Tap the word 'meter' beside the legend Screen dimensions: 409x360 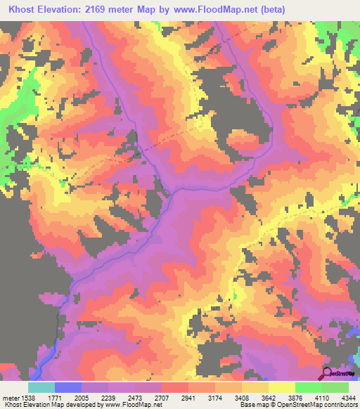pos(8,398)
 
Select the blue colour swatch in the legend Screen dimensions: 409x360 pos(67,387)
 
